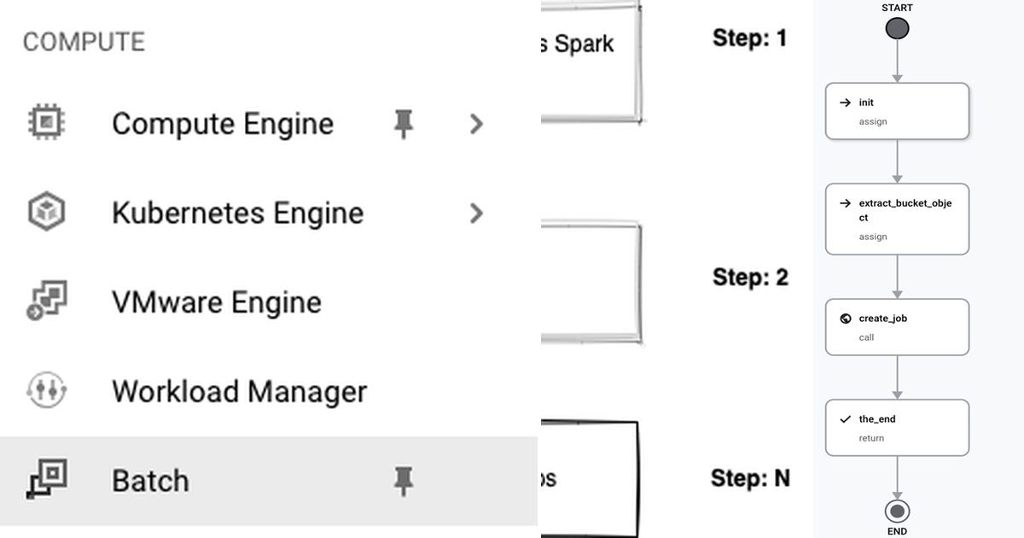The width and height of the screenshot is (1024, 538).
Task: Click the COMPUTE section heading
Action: coord(84,42)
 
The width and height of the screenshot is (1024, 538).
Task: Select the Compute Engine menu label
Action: coord(222,124)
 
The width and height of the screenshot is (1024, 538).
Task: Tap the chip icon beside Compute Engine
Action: coord(46,123)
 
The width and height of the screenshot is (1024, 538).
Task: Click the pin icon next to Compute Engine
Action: coord(403,124)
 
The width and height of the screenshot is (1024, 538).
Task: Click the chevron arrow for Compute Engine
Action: coord(476,124)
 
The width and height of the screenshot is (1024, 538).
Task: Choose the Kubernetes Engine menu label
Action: coord(237,213)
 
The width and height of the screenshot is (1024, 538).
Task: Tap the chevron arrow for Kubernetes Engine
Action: coord(476,213)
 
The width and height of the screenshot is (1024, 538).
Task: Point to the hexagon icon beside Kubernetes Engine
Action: coord(46,212)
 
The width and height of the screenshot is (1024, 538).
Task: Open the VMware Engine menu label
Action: coord(216,302)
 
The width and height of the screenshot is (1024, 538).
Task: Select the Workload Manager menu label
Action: coord(239,391)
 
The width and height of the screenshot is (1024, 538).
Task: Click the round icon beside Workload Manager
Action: coord(46,391)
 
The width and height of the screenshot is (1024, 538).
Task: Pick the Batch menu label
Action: coord(150,481)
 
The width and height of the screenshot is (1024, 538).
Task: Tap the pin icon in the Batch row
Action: coord(403,481)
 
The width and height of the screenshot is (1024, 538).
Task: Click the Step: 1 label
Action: coord(749,38)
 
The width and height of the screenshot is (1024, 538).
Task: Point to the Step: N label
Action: coord(750,478)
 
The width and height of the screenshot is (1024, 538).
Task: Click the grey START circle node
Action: coord(897,29)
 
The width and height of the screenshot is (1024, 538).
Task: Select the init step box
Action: coord(897,111)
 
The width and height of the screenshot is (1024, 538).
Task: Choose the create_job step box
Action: coord(897,327)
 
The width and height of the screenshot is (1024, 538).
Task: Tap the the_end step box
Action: coord(897,428)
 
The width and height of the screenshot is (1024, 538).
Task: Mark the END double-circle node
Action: coord(897,512)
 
